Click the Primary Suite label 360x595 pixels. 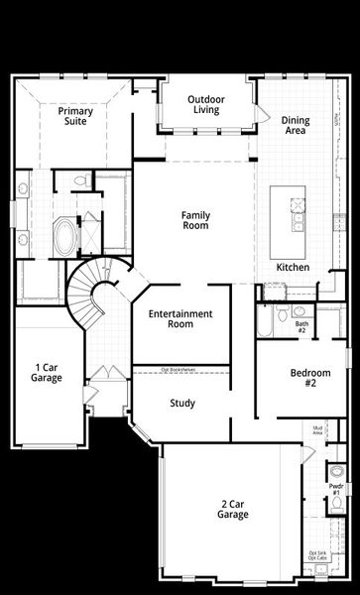tap(74, 118)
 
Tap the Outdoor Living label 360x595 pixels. tap(207, 105)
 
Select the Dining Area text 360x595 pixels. tap(295, 125)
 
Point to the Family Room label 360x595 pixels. tap(194, 220)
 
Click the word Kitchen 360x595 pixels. tap(293, 268)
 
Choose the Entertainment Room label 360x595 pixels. tap(180, 319)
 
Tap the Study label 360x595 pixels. tap(181, 404)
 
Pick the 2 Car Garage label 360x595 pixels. tap(233, 509)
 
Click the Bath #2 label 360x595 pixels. tap(301, 326)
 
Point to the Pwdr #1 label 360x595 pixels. tap(335, 490)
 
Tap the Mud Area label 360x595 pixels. tap(318, 430)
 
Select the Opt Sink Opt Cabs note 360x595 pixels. tap(318, 555)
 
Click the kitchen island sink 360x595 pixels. tap(296, 206)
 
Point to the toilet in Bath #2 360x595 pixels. tap(283, 314)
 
